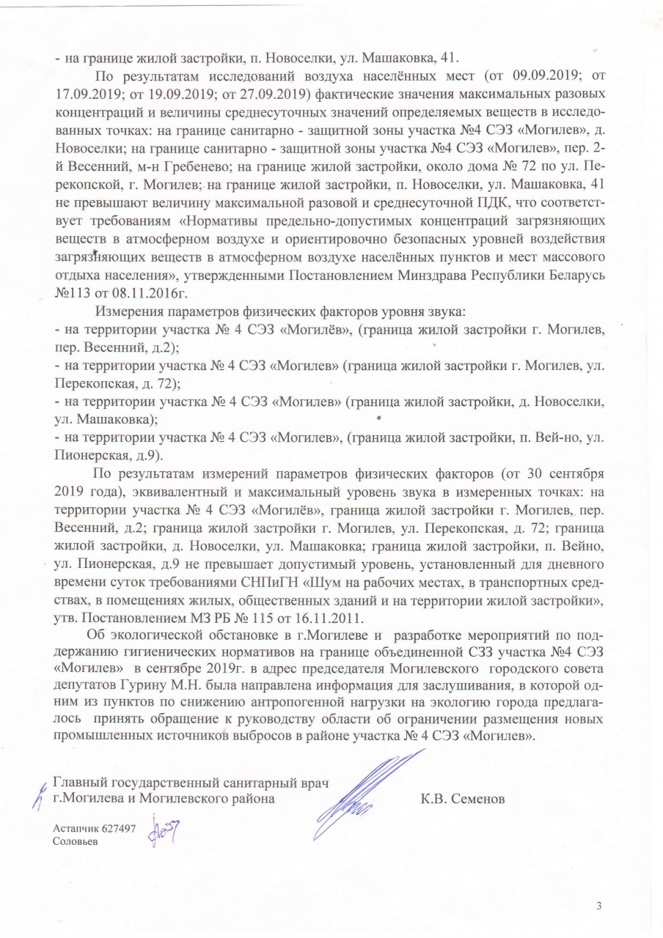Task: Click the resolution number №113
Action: (72, 295)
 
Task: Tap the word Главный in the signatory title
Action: (83, 779)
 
